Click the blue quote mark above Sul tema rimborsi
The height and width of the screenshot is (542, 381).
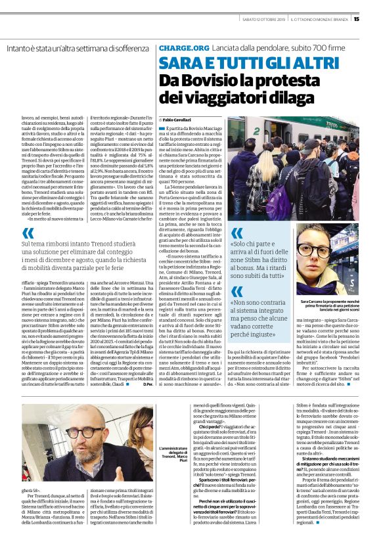pyautogui.click(x=28, y=233)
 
